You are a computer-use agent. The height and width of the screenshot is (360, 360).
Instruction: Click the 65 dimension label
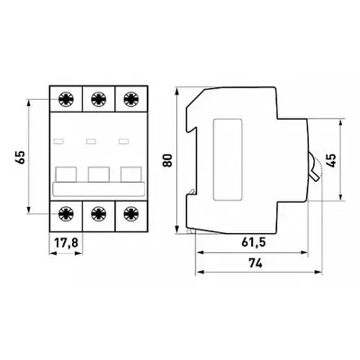tap(21, 157)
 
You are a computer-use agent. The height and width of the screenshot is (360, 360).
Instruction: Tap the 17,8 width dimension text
tap(66, 242)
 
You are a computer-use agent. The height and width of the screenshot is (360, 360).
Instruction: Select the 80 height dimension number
tap(167, 160)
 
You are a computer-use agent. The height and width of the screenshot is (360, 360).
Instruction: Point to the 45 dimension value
tap(332, 160)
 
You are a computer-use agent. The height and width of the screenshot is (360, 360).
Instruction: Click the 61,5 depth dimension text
tap(254, 242)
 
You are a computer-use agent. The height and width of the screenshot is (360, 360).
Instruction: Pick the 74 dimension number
tap(256, 263)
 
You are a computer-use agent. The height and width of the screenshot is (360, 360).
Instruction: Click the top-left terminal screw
tap(66, 99)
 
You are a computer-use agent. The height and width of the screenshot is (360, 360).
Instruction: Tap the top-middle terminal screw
tap(98, 99)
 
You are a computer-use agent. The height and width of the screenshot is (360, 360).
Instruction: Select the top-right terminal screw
tap(131, 99)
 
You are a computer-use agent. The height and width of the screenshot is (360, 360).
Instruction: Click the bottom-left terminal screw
tap(66, 213)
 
